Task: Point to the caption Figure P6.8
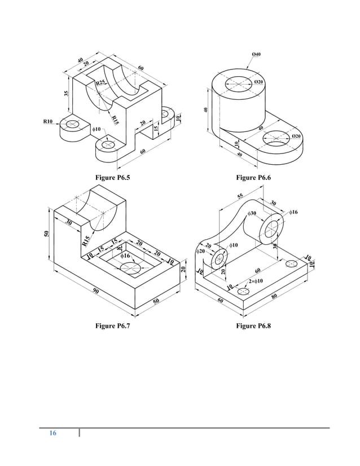tap(253, 327)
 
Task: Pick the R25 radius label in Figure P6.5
tap(101, 83)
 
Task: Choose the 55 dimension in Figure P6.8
tap(240, 196)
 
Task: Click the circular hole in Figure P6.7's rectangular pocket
tap(130, 267)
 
